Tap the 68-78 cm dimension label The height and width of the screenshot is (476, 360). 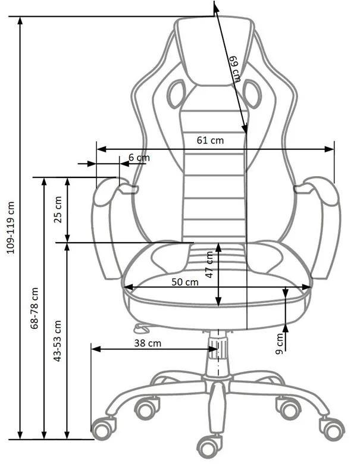click(35, 309)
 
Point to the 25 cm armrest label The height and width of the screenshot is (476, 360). click(58, 209)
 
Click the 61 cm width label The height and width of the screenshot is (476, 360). click(210, 140)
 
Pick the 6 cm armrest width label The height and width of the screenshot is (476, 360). click(139, 158)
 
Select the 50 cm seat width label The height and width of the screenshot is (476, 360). click(184, 281)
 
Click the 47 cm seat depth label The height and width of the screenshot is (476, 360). click(209, 266)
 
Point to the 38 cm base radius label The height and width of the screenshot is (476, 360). click(146, 343)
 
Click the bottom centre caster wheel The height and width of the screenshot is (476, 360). click(209, 444)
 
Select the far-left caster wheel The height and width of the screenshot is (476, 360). click(103, 426)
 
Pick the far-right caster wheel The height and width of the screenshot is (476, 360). click(331, 427)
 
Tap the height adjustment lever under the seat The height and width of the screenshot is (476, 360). click(140, 327)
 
